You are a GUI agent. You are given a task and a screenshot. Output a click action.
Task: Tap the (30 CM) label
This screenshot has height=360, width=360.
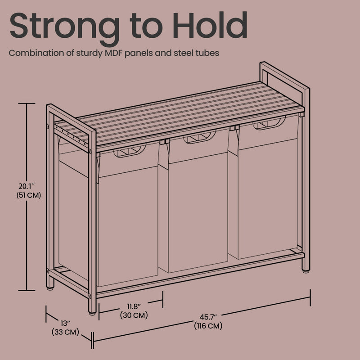pos(134,315)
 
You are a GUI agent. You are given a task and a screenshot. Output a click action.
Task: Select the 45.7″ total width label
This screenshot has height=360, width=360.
pos(207,316)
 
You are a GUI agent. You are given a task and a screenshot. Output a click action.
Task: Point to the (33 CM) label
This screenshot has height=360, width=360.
pos(66,333)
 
